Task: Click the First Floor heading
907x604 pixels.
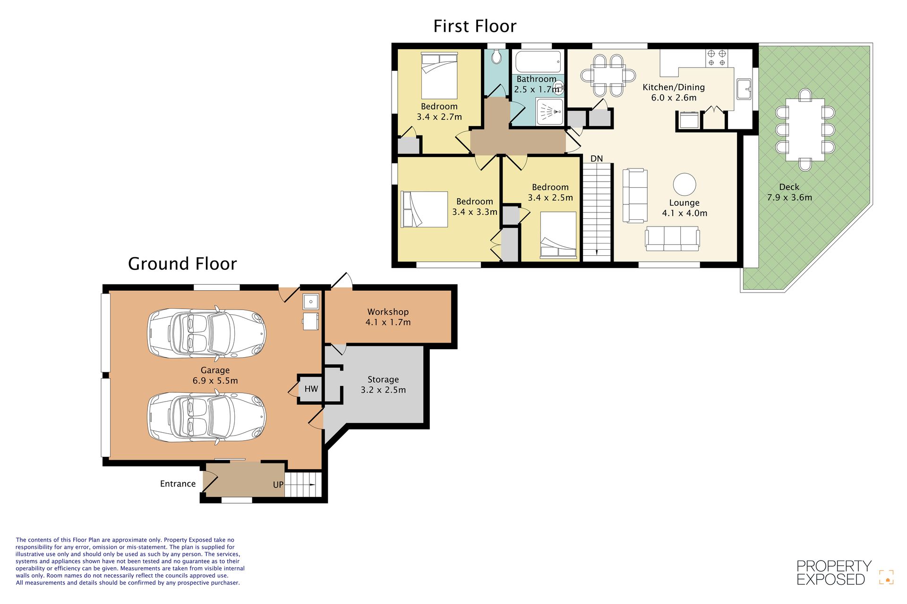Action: coord(475,26)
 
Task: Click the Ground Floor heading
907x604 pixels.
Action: coord(182,264)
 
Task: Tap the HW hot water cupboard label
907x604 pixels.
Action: coord(311,389)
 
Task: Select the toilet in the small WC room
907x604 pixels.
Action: coord(496,57)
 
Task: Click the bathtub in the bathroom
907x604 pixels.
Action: coord(538,62)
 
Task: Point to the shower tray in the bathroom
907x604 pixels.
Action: coord(549,112)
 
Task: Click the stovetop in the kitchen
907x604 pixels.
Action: coord(717,58)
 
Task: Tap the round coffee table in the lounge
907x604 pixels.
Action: coord(685,184)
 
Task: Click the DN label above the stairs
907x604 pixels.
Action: coord(597,159)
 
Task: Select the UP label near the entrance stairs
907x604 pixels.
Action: coord(278,485)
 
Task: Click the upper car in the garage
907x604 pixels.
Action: coord(207,333)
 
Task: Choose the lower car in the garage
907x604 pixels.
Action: coord(207,417)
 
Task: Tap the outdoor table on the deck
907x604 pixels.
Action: coord(805,130)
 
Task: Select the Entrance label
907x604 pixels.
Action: coord(178,484)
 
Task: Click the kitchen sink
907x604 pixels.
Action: coord(744,89)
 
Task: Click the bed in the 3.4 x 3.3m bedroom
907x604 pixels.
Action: coord(424,209)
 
